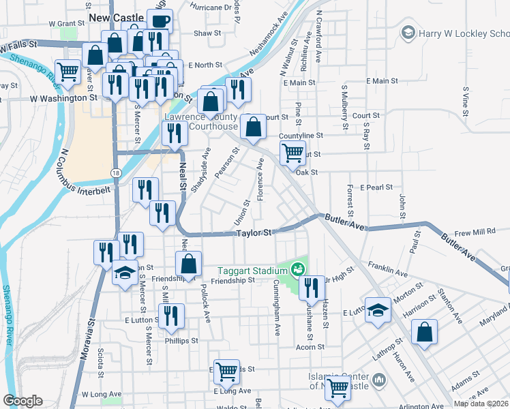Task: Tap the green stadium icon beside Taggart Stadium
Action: [x=297, y=270]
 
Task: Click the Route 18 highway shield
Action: [x=117, y=174]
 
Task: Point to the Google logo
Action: [x=22, y=401]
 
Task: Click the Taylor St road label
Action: [x=254, y=233]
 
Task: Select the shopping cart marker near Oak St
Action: [x=292, y=152]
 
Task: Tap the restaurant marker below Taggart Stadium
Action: [x=312, y=287]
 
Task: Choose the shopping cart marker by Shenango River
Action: [x=68, y=71]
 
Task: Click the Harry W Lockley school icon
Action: [x=408, y=32]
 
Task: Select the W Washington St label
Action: [x=63, y=98]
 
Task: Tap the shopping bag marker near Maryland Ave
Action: [x=424, y=332]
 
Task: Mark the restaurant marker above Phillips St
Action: [x=170, y=316]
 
